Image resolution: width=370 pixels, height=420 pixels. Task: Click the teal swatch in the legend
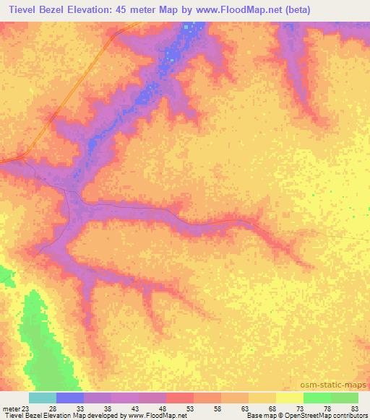tap(43, 398)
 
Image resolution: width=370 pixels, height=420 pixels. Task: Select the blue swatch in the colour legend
tap(70, 398)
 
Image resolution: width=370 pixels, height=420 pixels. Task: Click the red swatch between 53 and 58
tap(180, 398)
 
